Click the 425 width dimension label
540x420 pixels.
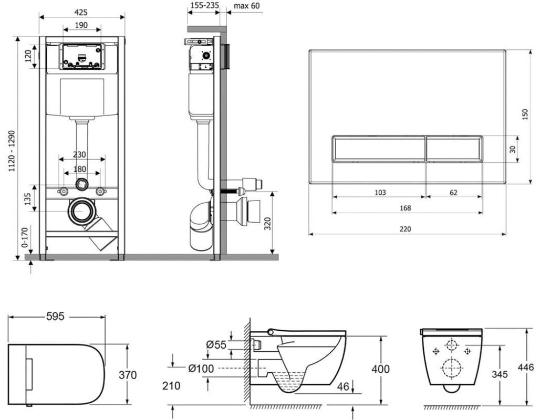(81, 13)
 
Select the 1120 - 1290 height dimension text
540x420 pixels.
(12, 151)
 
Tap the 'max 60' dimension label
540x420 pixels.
(246, 6)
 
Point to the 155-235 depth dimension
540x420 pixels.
(204, 5)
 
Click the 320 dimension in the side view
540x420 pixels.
(267, 224)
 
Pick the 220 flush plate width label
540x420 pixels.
(406, 229)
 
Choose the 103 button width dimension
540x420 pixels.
(380, 193)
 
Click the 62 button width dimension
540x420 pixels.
(453, 193)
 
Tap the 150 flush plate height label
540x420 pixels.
(525, 114)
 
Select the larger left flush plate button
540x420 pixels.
(379, 149)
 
